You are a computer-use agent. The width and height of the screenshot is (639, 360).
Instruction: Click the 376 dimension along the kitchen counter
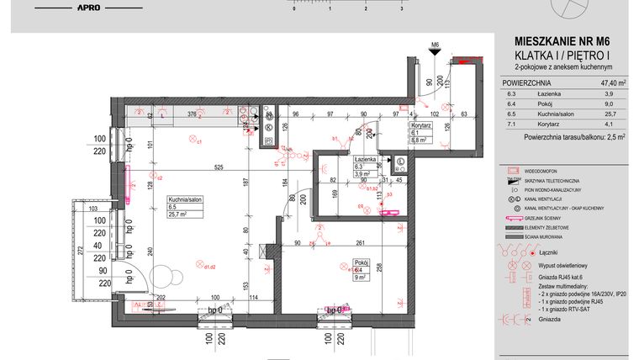pyautogui.click(x=191, y=114)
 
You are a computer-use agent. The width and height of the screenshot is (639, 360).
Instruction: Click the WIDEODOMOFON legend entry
pyautogui.click(x=550, y=170)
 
